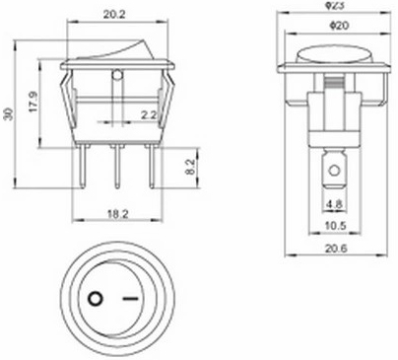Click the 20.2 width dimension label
[x=114, y=15]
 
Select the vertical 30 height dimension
[x=10, y=113]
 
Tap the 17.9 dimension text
[x=33, y=102]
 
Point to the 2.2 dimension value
[x=149, y=115]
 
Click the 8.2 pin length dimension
[x=191, y=168]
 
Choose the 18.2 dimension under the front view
[x=118, y=214]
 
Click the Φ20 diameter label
[x=339, y=26]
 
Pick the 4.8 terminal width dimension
[x=334, y=204]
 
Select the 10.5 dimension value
[x=335, y=226]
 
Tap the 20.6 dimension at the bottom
[x=336, y=249]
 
